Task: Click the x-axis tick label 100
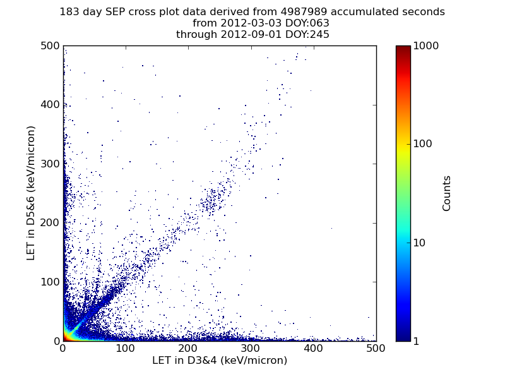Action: point(126,348)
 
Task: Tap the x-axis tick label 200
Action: point(188,348)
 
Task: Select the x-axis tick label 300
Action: point(251,348)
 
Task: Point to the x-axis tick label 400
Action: point(314,348)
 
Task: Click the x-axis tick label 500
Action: point(376,348)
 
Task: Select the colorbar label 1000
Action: point(426,46)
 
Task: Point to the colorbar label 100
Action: point(424,144)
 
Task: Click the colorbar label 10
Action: point(421,243)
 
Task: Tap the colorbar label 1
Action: point(418,341)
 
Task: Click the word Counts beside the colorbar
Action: point(447,193)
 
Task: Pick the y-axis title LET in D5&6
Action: point(31,193)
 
